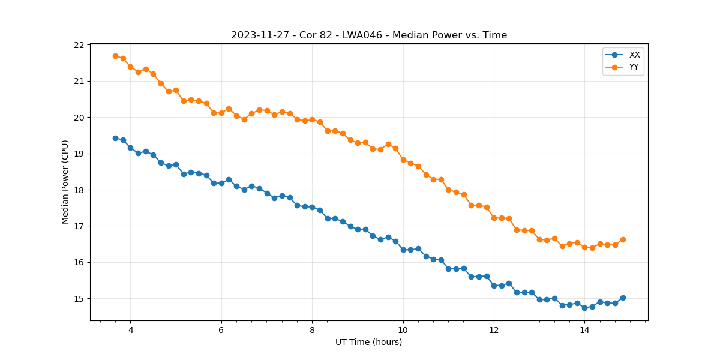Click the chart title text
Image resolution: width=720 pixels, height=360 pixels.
click(x=369, y=35)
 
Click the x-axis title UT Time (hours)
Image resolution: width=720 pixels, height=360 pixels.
click(x=368, y=342)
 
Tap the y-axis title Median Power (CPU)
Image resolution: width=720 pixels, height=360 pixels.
click(x=65, y=182)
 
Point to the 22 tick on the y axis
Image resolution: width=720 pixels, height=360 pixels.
click(x=79, y=45)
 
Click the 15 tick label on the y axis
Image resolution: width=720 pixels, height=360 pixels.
click(x=79, y=299)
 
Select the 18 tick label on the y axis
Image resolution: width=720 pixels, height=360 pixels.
click(x=79, y=190)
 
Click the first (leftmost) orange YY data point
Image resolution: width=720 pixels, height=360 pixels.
click(x=115, y=56)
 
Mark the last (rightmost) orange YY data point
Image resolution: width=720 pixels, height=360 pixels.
click(x=623, y=239)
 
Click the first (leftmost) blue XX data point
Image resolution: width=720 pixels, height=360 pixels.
click(x=115, y=138)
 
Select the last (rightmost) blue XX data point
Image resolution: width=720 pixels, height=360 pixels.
click(x=623, y=298)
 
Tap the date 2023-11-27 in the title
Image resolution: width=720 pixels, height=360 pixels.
click(x=257, y=35)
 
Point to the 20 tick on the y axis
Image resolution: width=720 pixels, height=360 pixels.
click(x=79, y=118)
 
